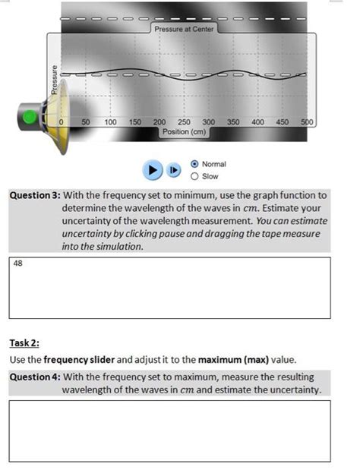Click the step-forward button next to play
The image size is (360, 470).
point(173,170)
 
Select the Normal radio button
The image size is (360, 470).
point(195,163)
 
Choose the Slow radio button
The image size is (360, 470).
point(195,176)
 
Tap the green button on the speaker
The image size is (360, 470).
point(30,117)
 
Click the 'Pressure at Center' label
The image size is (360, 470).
point(185,28)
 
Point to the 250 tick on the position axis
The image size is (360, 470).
point(184,121)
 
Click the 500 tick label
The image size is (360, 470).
point(307,121)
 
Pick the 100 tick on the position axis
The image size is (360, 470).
point(111,121)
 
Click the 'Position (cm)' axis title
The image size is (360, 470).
point(184,131)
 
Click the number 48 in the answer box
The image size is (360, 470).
point(17,263)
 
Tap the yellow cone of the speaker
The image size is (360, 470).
point(57,118)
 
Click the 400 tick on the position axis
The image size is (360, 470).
point(257,121)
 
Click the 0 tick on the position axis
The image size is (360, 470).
point(62,121)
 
